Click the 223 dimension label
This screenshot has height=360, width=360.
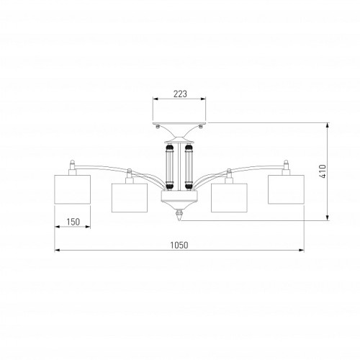(x=180, y=94)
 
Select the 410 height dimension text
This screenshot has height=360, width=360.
(x=323, y=171)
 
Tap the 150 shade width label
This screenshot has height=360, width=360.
(x=73, y=222)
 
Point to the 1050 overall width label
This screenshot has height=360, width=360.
(x=179, y=245)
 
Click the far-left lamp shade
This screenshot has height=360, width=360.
(x=73, y=189)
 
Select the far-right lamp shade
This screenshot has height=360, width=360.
(x=286, y=189)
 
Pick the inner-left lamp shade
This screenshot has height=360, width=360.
(x=130, y=198)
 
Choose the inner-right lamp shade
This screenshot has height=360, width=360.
(x=229, y=198)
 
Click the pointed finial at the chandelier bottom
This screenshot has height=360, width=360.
(x=179, y=215)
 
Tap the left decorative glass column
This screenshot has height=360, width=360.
(x=169, y=166)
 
